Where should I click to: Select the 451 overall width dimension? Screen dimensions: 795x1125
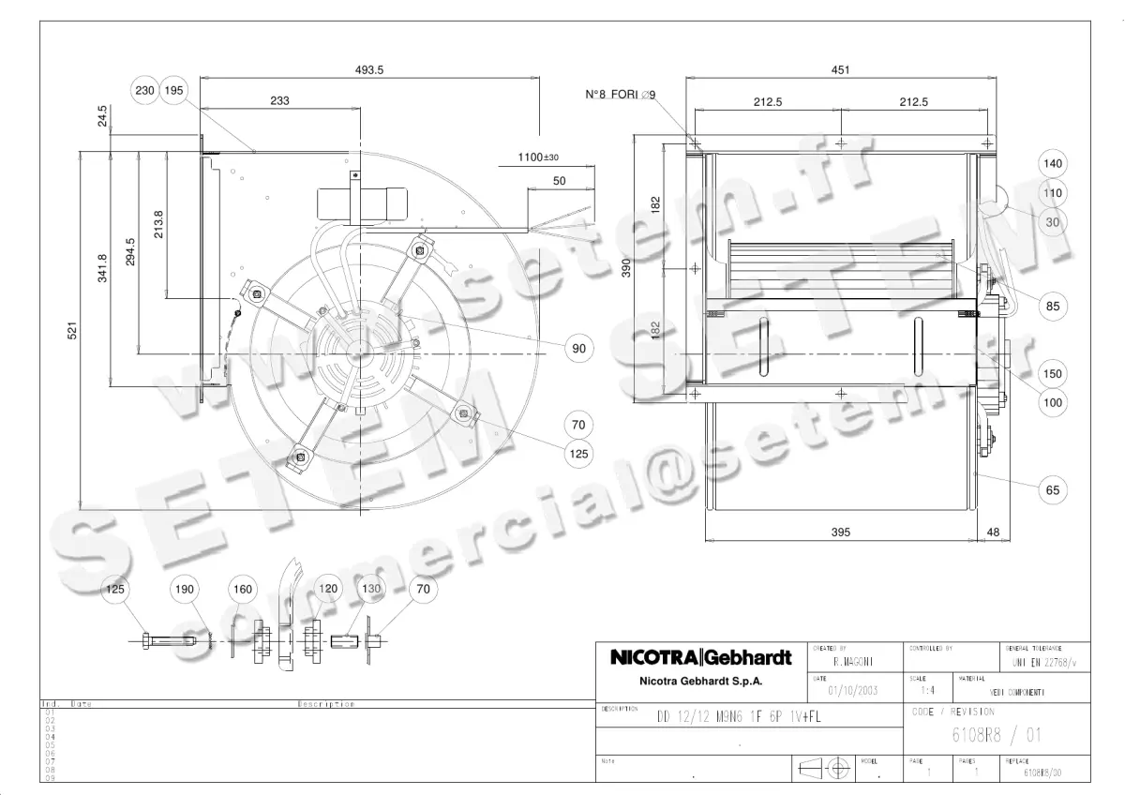click(x=841, y=68)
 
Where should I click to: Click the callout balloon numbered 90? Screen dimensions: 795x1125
click(x=579, y=348)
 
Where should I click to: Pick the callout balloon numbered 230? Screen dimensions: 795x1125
click(x=144, y=90)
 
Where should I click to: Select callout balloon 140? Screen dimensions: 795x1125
click(x=1053, y=163)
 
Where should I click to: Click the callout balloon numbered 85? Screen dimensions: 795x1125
click(x=1053, y=306)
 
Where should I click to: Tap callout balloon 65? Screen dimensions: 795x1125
click(x=1053, y=489)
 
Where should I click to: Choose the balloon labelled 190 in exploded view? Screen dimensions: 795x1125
click(x=185, y=589)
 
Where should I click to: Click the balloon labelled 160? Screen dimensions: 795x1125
click(x=243, y=589)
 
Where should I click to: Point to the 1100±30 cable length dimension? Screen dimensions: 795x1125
click(x=537, y=157)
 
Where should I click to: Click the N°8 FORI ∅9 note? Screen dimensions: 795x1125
click(x=620, y=95)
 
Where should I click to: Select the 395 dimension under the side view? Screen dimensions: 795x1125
click(x=841, y=532)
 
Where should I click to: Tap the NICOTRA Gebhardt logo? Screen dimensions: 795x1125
click(x=700, y=657)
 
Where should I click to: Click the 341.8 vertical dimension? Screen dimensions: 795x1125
click(x=102, y=268)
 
